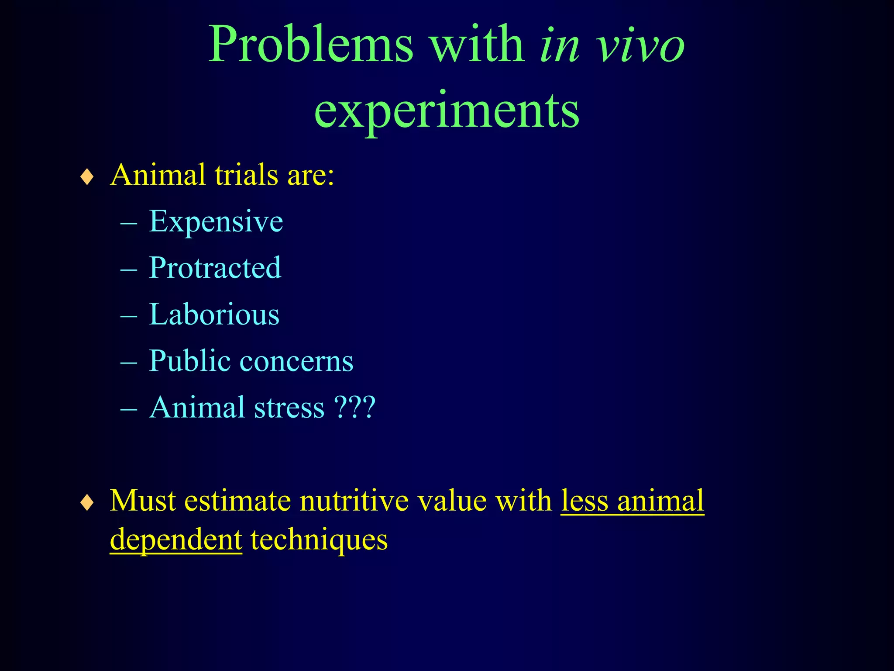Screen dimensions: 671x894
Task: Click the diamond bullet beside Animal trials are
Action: [87, 177]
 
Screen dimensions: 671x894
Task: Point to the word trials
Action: [246, 175]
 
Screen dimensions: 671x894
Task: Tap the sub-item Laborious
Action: [214, 314]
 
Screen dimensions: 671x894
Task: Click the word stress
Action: [289, 408]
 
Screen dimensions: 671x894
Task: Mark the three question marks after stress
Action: [354, 408]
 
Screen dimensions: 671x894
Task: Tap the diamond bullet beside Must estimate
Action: [87, 503]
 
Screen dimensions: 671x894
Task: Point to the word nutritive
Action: [354, 501]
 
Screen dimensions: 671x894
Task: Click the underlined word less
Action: [584, 501]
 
